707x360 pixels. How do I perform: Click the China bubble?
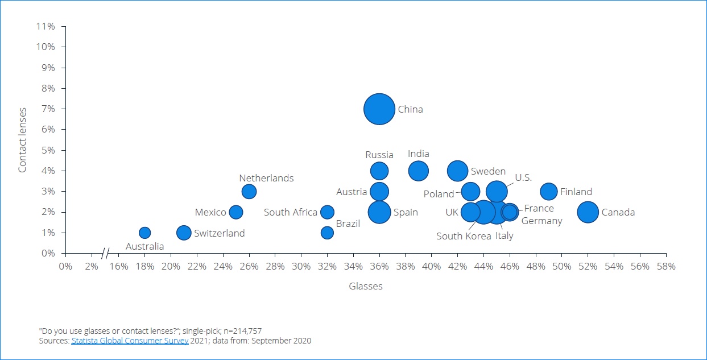(379, 109)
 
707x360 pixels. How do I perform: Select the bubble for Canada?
(588, 212)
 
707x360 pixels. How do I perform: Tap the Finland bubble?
(548, 192)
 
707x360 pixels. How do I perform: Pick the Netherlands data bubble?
(249, 192)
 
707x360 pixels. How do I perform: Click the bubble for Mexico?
(235, 212)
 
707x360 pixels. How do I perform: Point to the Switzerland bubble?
(184, 233)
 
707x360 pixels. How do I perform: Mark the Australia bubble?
(144, 233)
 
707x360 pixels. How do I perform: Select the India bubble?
(418, 171)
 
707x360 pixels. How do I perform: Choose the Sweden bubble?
(457, 171)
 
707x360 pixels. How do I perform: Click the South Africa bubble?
(327, 212)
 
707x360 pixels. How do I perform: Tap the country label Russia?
(379, 155)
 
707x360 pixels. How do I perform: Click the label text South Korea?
(464, 236)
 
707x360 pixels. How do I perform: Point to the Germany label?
(541, 221)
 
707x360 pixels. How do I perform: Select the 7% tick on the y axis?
(47, 109)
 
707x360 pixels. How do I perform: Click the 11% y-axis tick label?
(46, 26)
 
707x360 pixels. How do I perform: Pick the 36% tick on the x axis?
(379, 266)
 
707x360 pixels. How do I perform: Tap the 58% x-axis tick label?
(666, 266)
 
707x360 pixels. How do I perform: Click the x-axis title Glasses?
(366, 287)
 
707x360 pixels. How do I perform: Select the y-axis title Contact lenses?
(23, 140)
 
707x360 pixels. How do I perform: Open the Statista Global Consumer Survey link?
(130, 341)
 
